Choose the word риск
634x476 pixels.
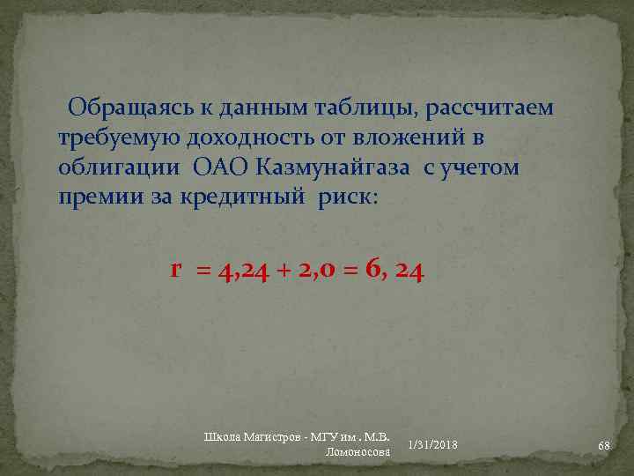tap(346, 197)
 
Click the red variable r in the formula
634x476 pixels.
tap(177, 270)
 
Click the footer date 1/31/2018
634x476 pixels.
tap(432, 443)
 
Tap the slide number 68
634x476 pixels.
tap(603, 446)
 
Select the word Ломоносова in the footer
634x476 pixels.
tap(358, 451)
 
